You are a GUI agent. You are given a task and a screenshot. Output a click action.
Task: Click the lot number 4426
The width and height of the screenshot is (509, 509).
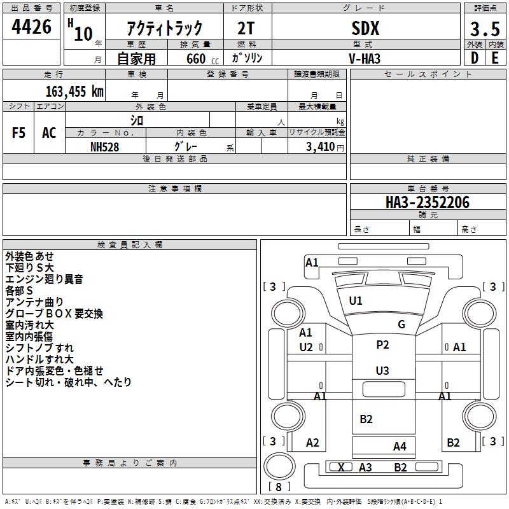point(31,27)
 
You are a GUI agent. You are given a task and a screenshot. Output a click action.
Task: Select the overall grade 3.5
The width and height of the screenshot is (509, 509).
point(485,29)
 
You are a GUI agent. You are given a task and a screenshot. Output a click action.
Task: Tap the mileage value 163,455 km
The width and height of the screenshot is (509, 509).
point(74,92)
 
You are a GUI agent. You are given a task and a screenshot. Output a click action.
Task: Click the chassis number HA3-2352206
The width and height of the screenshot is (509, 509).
point(428,202)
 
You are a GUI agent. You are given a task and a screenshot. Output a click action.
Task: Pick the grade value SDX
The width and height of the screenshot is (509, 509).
point(365,29)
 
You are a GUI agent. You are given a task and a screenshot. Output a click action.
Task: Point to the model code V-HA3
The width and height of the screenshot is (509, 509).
point(365,59)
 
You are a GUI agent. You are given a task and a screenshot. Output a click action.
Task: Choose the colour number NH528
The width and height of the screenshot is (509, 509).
point(104,147)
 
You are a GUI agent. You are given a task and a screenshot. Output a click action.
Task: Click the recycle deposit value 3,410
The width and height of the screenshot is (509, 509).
point(320,147)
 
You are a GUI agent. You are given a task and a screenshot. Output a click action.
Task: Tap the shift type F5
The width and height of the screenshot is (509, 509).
point(18,133)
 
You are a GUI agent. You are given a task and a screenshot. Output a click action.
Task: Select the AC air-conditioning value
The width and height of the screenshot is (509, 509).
point(49,133)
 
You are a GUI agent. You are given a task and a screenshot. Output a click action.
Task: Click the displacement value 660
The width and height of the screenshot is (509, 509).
point(196,59)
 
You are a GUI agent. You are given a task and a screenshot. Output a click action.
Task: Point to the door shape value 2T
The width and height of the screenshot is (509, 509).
point(246,29)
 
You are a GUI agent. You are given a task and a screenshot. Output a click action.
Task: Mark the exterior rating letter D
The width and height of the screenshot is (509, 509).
point(475,58)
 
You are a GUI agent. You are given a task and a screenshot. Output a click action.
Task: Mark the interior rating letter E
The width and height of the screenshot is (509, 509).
point(496,58)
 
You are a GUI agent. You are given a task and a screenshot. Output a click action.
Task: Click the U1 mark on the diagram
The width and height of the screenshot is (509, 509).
point(356,301)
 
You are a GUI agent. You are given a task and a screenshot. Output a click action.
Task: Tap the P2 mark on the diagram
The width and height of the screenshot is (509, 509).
point(382,345)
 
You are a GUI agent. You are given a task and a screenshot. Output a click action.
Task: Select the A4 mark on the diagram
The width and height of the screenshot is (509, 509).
point(400,447)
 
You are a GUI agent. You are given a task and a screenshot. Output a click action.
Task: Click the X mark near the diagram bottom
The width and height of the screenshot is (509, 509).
point(341,468)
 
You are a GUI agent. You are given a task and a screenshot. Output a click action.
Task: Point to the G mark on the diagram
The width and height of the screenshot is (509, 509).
point(401,324)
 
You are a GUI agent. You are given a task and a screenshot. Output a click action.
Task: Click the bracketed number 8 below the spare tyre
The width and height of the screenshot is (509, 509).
point(279,487)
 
